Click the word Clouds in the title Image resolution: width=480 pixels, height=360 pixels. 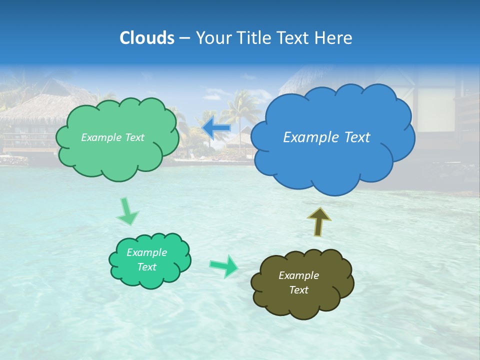[147, 38]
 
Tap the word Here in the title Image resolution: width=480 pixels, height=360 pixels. [334, 38]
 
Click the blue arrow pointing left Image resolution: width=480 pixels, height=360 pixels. [216, 128]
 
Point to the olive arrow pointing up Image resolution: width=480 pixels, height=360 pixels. [319, 221]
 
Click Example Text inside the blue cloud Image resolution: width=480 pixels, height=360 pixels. [326, 137]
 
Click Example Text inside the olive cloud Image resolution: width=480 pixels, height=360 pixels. [298, 282]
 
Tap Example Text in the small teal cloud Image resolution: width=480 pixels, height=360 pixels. [146, 259]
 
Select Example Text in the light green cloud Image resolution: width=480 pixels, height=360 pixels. [112, 137]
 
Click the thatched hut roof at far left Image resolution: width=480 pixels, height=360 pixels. [40, 107]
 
